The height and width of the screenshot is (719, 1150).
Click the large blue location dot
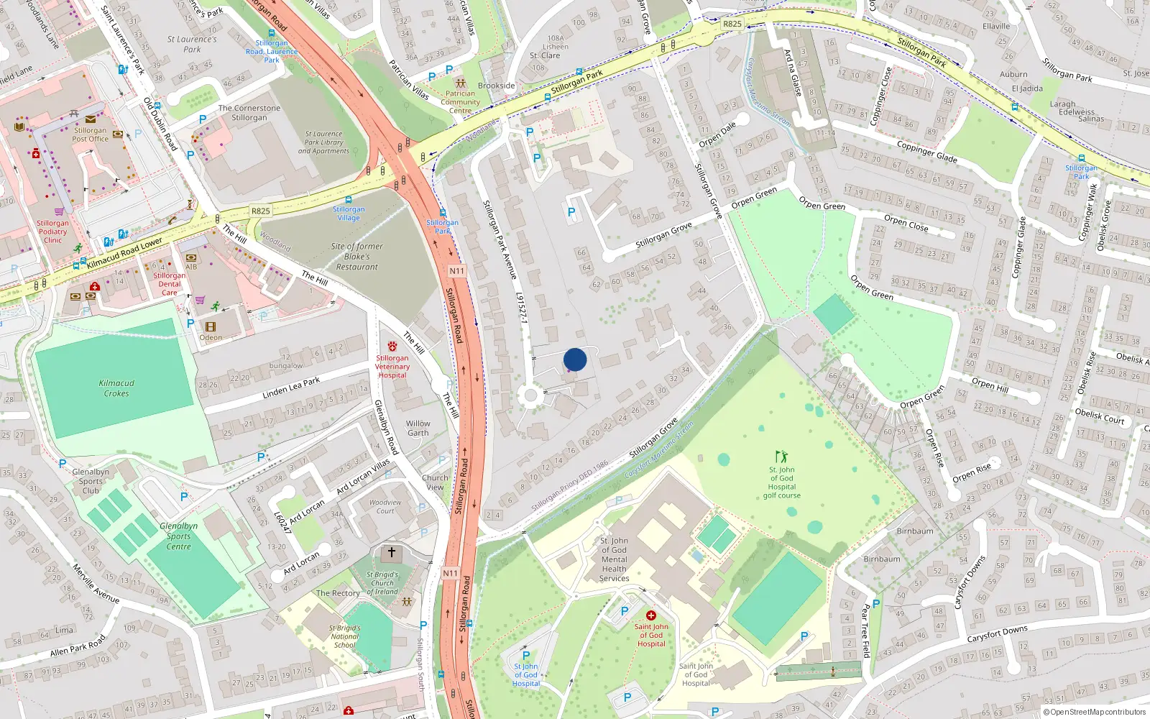[575, 359]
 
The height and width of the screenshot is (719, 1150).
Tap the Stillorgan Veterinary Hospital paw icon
[392, 347]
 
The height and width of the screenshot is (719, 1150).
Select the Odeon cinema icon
[211, 326]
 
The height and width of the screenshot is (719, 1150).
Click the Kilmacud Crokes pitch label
[116, 388]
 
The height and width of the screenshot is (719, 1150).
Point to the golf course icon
[781, 457]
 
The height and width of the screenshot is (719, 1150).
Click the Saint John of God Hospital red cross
[651, 615]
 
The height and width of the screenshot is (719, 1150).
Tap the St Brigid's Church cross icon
[391, 553]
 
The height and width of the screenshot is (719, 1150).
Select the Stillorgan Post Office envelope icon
[90, 119]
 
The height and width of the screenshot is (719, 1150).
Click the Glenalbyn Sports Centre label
[178, 536]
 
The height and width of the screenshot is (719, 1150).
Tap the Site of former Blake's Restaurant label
[357, 257]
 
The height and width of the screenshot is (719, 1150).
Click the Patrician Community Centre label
[460, 102]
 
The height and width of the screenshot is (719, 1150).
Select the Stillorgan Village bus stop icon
[349, 200]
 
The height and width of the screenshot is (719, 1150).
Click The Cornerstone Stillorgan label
[249, 113]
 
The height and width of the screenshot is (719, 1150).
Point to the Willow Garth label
[418, 428]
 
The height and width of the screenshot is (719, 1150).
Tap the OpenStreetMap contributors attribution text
[1094, 712]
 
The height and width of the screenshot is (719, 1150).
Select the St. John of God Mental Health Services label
[614, 559]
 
